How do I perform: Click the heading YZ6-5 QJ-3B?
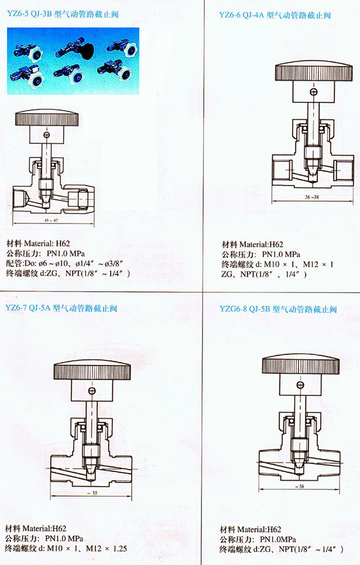click(30, 15)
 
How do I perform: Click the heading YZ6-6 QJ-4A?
click(242, 15)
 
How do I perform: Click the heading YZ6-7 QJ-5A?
click(28, 308)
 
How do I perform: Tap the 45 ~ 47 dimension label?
click(51, 220)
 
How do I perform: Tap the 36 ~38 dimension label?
click(311, 197)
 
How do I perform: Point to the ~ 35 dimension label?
click(92, 493)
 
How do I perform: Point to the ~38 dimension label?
click(299, 486)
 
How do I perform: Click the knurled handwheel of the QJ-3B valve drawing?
click(46, 119)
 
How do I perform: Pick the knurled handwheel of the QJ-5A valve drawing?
click(92, 370)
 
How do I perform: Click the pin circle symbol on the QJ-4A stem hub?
click(314, 92)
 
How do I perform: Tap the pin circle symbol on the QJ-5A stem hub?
click(92, 391)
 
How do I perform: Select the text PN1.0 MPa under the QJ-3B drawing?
click(66, 253)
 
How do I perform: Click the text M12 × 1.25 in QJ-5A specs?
click(107, 549)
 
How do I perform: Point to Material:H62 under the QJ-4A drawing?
click(261, 244)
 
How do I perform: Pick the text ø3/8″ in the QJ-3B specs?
click(114, 263)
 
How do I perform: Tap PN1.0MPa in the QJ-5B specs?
click(277, 539)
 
